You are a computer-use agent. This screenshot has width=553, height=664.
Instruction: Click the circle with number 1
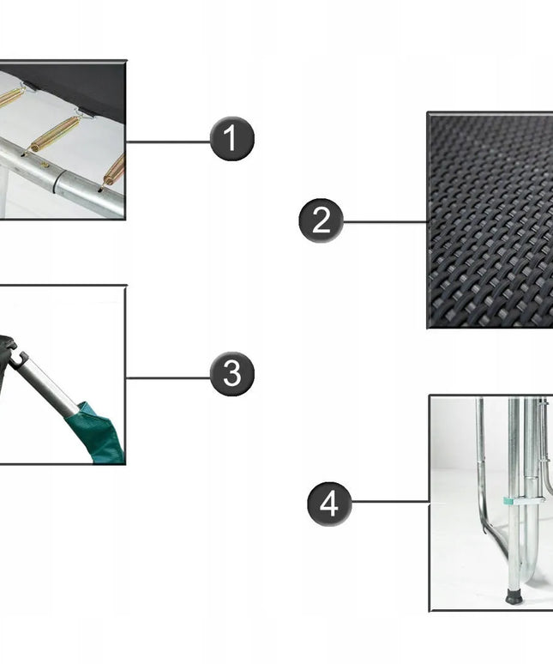point(231,138)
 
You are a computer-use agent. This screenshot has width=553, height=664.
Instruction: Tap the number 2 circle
point(321,220)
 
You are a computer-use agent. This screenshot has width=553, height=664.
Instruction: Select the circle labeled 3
point(231,374)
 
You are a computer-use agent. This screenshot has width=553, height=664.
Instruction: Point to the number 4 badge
point(329,504)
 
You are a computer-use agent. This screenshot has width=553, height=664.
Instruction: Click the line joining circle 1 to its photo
point(168,142)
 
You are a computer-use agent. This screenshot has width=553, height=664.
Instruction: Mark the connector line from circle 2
point(385,221)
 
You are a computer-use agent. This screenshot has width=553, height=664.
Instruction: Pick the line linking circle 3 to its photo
point(168,377)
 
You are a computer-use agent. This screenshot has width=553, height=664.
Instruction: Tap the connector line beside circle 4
point(390,502)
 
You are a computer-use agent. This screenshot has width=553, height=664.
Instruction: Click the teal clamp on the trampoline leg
point(523,501)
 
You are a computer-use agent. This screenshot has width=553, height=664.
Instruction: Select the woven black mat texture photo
point(490,220)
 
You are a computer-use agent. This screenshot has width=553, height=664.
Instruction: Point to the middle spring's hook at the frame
point(26,152)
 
